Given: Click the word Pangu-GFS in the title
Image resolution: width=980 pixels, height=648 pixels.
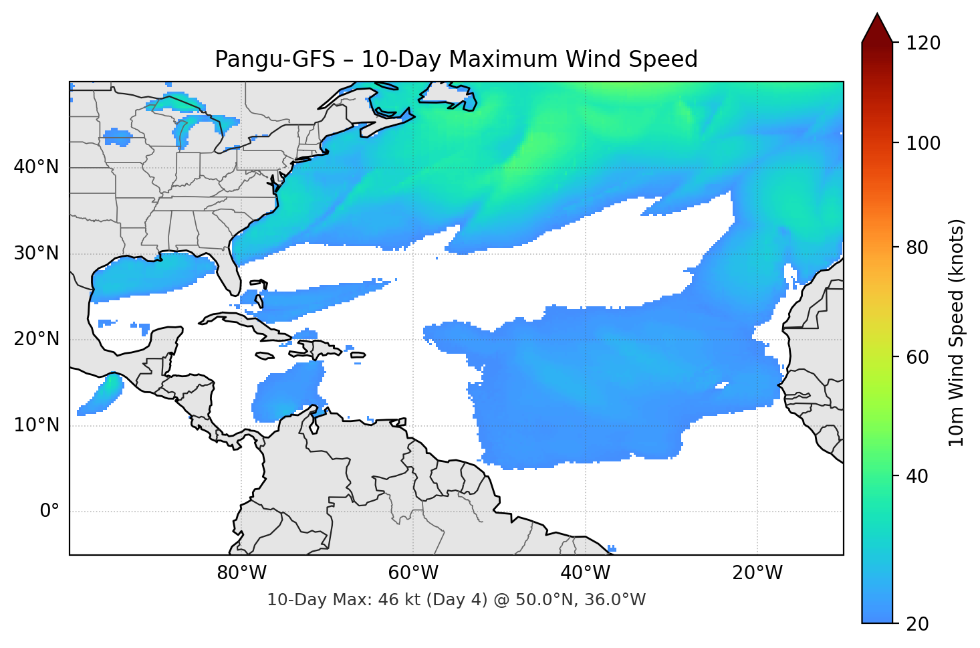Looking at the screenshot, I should pyautogui.click(x=275, y=60).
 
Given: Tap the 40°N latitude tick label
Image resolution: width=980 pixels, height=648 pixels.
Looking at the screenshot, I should pyautogui.click(x=37, y=167).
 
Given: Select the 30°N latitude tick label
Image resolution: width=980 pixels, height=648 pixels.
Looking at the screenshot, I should pyautogui.click(x=37, y=253).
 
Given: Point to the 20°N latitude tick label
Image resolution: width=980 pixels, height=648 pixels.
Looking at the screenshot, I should pyautogui.click(x=37, y=339).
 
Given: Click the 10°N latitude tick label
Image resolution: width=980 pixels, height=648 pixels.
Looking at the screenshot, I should pyautogui.click(x=37, y=425).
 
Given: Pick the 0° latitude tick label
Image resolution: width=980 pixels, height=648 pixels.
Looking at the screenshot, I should pyautogui.click(x=49, y=512).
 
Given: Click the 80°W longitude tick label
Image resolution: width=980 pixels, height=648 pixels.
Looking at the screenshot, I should pyautogui.click(x=241, y=573).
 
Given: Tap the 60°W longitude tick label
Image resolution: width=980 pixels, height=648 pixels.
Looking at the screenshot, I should pyautogui.click(x=413, y=573).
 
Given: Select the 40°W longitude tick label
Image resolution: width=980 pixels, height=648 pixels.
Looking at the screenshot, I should pyautogui.click(x=586, y=573).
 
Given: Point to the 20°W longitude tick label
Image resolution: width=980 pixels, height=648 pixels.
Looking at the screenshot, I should pyautogui.click(x=757, y=573).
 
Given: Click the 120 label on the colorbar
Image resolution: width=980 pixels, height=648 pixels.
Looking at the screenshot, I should pyautogui.click(x=923, y=43).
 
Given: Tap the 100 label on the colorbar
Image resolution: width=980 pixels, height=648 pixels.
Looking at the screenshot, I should pyautogui.click(x=923, y=143).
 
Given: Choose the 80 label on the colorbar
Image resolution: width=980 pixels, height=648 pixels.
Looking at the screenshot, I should pyautogui.click(x=917, y=247).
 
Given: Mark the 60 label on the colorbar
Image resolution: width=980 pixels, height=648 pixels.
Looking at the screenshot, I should pyautogui.click(x=917, y=357).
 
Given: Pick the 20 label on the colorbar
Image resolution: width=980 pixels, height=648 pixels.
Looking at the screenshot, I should pyautogui.click(x=917, y=624).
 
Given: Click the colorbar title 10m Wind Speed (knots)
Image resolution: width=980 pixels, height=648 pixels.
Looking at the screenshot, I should pyautogui.click(x=957, y=332).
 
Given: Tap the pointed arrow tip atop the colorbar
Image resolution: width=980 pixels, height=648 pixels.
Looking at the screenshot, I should pyautogui.click(x=877, y=16).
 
